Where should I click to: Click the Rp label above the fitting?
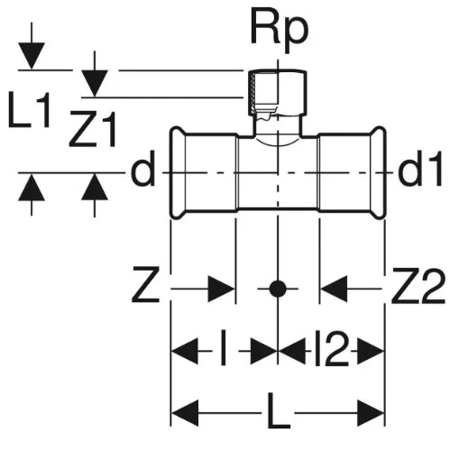click(x=280, y=32)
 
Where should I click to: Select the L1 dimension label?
click(x=29, y=109)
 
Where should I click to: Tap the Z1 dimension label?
click(x=93, y=129)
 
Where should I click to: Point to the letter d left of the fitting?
click(x=142, y=168)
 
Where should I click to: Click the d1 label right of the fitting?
click(x=420, y=168)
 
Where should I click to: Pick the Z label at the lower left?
click(x=145, y=284)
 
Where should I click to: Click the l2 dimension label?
click(x=332, y=348)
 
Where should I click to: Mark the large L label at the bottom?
click(x=279, y=410)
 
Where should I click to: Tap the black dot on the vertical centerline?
click(x=278, y=289)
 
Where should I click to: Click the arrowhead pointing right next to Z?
click(x=221, y=289)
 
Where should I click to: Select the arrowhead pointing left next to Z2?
click(x=334, y=289)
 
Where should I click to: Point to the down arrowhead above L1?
click(x=32, y=56)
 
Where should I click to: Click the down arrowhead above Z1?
click(x=95, y=83)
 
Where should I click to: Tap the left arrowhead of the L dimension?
click(x=184, y=413)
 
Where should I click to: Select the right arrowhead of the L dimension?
click(x=371, y=413)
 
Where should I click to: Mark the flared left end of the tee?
click(x=178, y=173)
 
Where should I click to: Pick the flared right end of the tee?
click(x=378, y=173)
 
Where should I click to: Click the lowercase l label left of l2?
click(x=223, y=348)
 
